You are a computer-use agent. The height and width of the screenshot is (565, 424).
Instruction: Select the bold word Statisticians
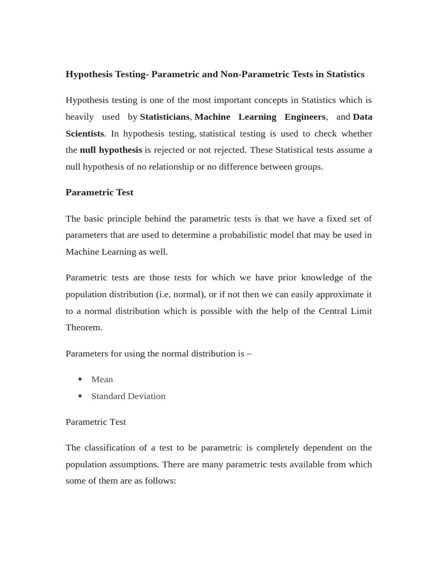pyautogui.click(x=165, y=117)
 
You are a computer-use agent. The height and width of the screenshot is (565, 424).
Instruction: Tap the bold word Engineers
pyautogui.click(x=305, y=117)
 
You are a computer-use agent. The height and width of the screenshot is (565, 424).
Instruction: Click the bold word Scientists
pyautogui.click(x=84, y=134)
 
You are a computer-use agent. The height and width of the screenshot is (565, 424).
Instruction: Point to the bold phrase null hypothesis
pyautogui.click(x=111, y=150)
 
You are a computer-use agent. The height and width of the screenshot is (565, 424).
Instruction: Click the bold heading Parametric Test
pyautogui.click(x=99, y=193)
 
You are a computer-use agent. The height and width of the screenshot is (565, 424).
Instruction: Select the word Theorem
pyautogui.click(x=84, y=327)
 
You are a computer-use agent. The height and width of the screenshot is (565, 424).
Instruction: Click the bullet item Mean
pyautogui.click(x=102, y=380)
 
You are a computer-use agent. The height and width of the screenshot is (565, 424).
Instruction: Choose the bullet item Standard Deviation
pyautogui.click(x=128, y=396)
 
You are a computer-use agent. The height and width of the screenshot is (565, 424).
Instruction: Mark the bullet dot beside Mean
pyautogui.click(x=81, y=379)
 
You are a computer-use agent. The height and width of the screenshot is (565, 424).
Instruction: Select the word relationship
pyautogui.click(x=170, y=167)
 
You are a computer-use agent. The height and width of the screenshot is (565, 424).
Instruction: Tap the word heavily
pyautogui.click(x=80, y=117)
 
